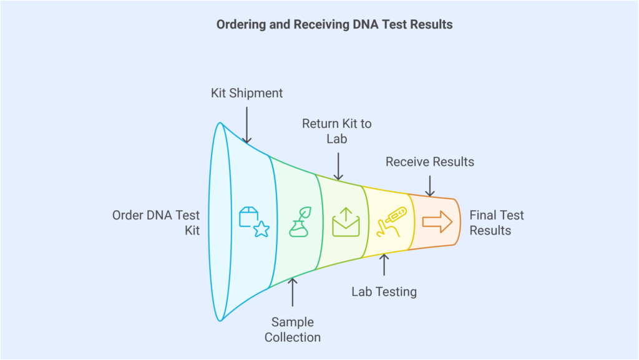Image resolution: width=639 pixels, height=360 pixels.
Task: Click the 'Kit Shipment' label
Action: [x=246, y=93]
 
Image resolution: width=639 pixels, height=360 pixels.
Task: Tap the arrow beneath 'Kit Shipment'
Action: [x=246, y=125]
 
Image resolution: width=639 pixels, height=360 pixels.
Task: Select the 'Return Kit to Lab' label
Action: [x=336, y=131]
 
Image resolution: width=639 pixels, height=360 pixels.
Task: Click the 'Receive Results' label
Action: [x=429, y=162]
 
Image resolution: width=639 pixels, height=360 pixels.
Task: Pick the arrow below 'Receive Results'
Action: [x=429, y=185]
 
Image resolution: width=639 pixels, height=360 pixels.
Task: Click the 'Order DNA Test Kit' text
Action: [x=156, y=223]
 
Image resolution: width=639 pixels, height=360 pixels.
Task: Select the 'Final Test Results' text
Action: [x=497, y=223]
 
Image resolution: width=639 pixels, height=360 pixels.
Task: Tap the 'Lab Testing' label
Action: [x=384, y=291]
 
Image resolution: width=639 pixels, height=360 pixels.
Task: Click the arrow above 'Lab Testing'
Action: [x=384, y=265]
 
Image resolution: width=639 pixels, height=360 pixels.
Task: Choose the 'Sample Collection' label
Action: [x=293, y=330]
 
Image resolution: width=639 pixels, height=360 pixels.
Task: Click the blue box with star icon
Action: [x=253, y=222]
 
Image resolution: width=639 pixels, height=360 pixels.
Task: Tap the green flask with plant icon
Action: [x=299, y=222]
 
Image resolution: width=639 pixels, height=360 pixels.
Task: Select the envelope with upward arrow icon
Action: [x=346, y=222]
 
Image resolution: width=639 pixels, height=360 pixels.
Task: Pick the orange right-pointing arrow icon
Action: [x=437, y=220]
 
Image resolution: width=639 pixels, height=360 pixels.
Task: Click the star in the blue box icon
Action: [x=261, y=230]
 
